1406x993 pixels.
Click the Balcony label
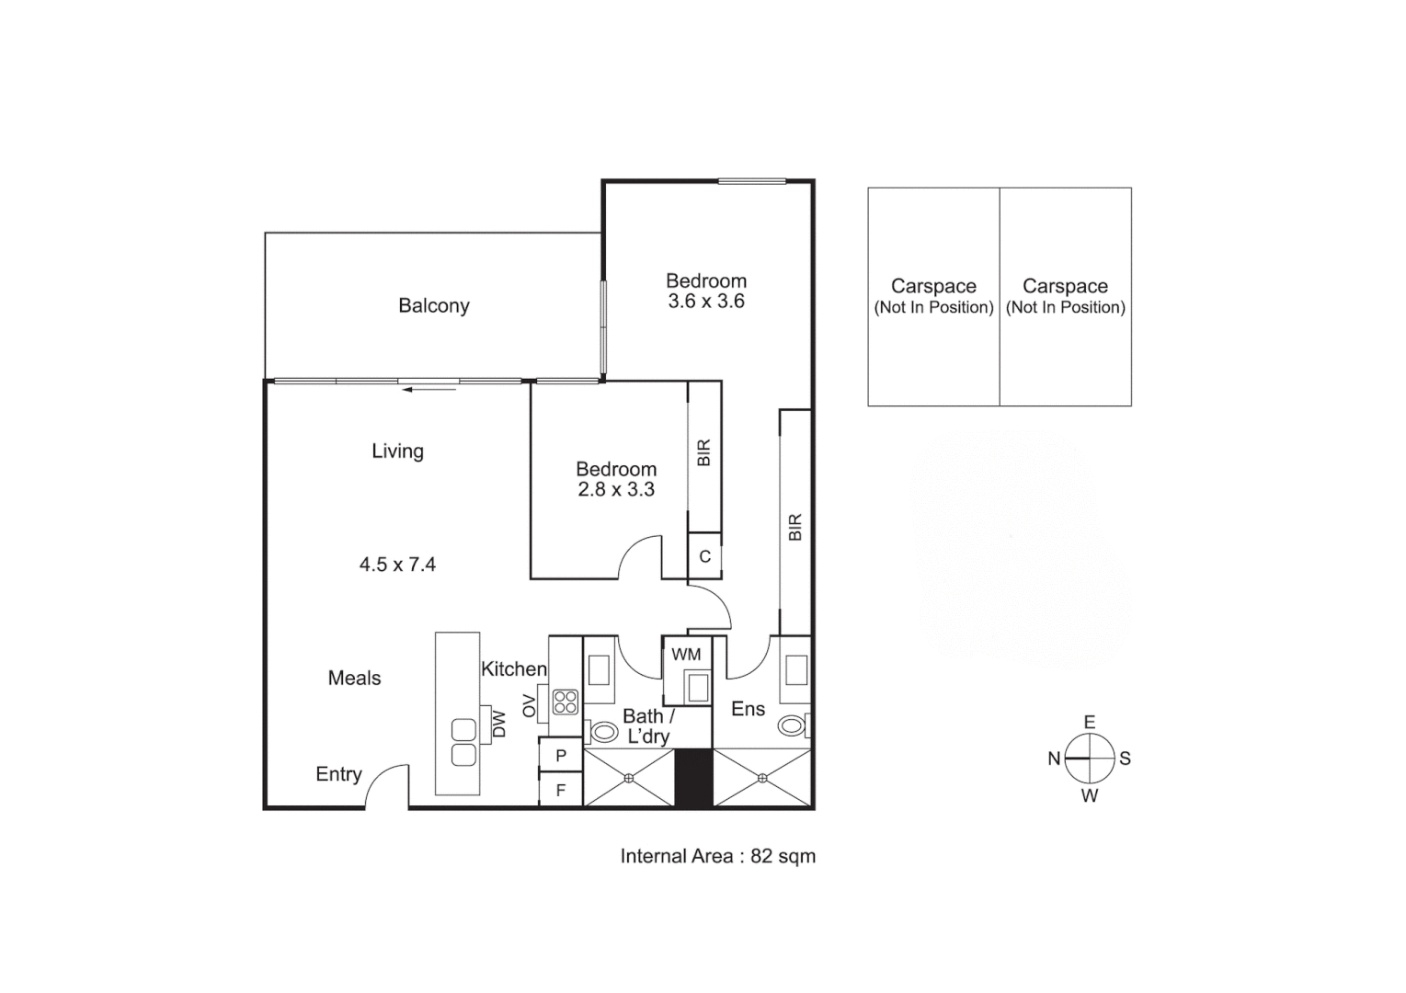click(x=433, y=306)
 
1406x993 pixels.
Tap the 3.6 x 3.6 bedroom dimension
click(x=706, y=302)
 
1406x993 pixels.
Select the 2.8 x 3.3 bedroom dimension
click(x=616, y=490)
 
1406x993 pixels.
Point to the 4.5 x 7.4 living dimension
click(x=397, y=565)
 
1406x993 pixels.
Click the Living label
click(x=397, y=451)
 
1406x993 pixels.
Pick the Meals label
click(x=354, y=679)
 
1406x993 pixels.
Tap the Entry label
click(x=338, y=774)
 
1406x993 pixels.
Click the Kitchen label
click(x=513, y=669)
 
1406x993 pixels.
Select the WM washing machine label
click(x=686, y=655)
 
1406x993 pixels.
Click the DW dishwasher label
click(x=499, y=725)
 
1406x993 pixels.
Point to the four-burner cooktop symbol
click(x=565, y=702)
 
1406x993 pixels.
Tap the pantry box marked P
click(x=561, y=756)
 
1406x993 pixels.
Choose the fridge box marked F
click(x=561, y=790)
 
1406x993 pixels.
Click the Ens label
click(x=748, y=709)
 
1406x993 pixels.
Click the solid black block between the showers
click(x=694, y=779)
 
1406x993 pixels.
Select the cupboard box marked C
click(x=705, y=556)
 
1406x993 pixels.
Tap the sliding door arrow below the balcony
click(x=429, y=390)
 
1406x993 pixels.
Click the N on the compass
click(x=1054, y=759)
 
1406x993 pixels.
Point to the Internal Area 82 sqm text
click(x=717, y=856)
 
